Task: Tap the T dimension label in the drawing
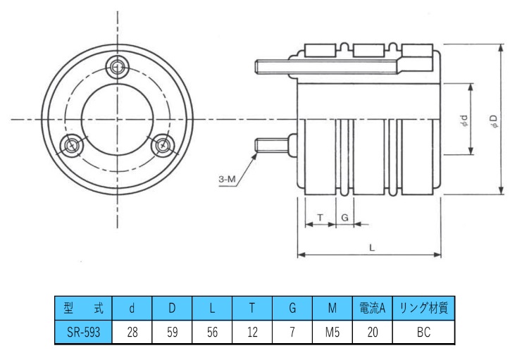click(x=321, y=218)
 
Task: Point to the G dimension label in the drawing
click(x=344, y=218)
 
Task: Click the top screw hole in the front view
click(x=118, y=69)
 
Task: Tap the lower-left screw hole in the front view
click(x=73, y=146)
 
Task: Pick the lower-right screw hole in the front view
click(x=163, y=146)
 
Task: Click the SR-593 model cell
click(x=82, y=331)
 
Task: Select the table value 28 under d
click(x=132, y=331)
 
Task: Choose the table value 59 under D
click(x=172, y=331)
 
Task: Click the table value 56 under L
click(x=212, y=331)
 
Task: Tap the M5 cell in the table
click(x=333, y=331)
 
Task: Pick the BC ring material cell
click(x=423, y=331)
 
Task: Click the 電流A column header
click(x=373, y=308)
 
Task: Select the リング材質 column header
click(x=423, y=308)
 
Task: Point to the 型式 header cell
click(x=82, y=308)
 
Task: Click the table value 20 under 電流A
click(x=373, y=331)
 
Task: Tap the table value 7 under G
click(x=292, y=331)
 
